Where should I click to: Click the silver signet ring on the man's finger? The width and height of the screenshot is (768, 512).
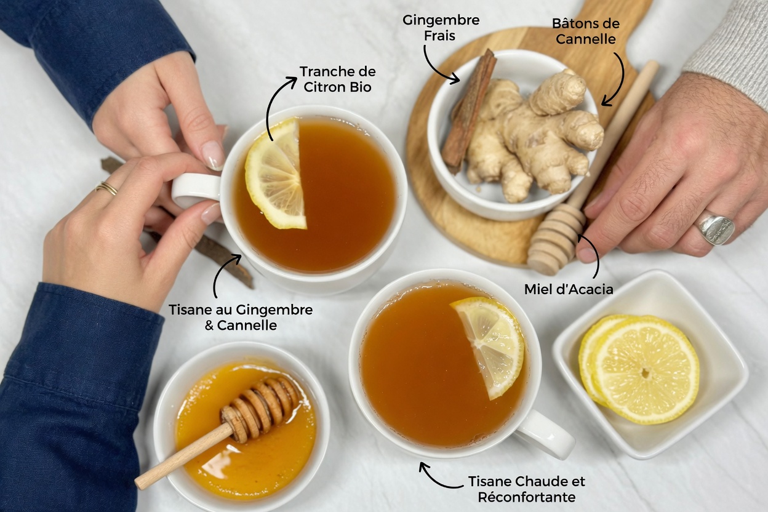(715, 229)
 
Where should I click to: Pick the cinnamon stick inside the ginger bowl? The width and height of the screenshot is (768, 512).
(469, 109)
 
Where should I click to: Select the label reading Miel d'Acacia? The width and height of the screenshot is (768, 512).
(569, 289)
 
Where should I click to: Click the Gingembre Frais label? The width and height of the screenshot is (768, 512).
(441, 28)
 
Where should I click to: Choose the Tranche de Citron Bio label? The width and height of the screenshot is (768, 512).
(337, 79)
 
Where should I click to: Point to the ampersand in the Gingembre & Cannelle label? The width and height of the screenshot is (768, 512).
(209, 325)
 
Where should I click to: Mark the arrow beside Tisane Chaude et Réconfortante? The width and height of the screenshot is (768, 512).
(438, 476)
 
